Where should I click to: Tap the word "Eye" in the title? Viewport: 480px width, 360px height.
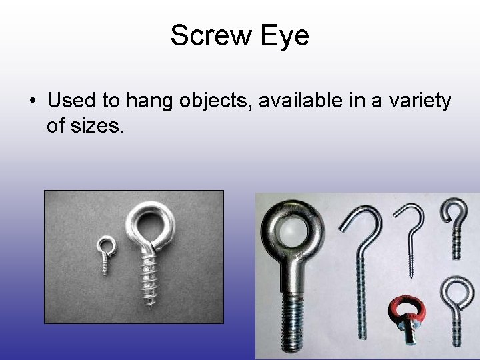285,35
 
